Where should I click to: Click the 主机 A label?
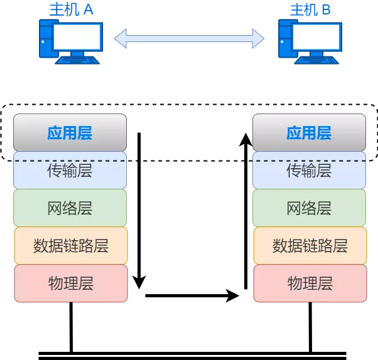coord(71,9)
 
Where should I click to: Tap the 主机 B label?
coord(310,9)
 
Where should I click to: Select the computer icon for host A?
coord(70,40)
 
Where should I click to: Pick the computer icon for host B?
coord(310,40)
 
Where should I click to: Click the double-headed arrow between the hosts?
coord(189,39)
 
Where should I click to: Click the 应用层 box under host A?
coord(70,133)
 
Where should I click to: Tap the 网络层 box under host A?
coord(70,208)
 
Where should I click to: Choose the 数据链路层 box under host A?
coord(70,245)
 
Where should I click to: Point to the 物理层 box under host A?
coord(70,283)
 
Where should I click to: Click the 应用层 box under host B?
coord(309,133)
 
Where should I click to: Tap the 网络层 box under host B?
coord(309,208)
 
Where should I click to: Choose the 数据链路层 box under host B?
coord(310,245)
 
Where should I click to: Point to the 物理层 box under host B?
coord(310,283)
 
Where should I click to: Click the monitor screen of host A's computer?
coord(77,37)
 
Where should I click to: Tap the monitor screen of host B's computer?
coord(317,37)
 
